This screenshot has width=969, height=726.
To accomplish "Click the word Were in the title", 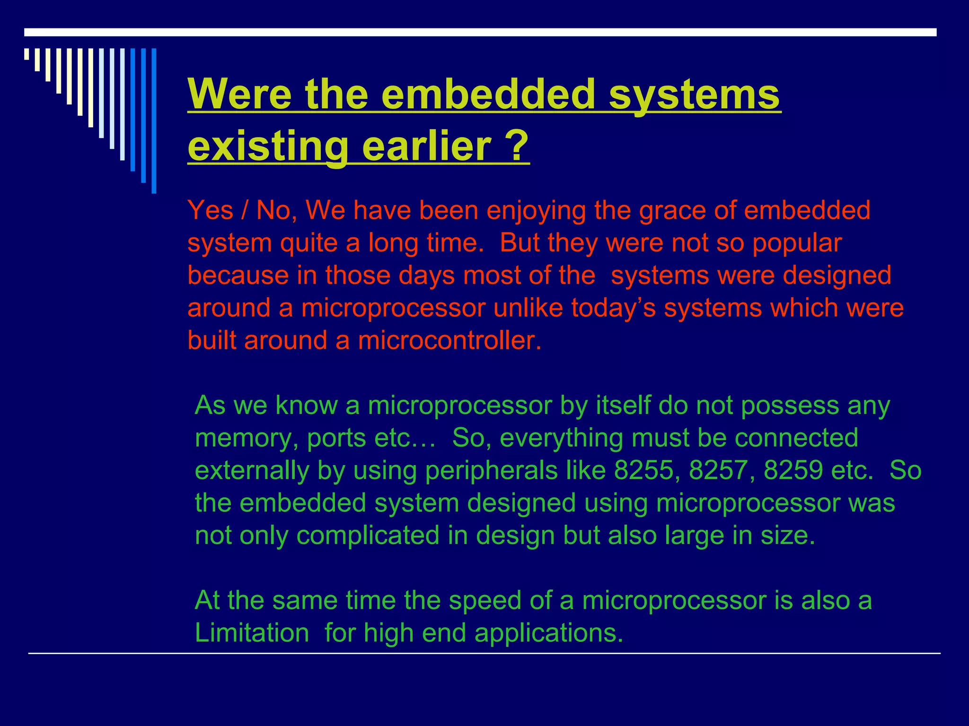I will pos(239,94).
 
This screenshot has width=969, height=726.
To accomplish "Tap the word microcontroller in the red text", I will pos(449,340).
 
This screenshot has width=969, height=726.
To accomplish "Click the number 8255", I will pos(643,470).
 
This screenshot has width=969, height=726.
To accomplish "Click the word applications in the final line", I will pos(548,633).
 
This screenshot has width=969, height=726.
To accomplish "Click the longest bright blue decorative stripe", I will pos(154,121).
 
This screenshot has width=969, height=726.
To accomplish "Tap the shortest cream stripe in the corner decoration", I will pos(26,54).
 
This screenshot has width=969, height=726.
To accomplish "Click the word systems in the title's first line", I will pos(694,94).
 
